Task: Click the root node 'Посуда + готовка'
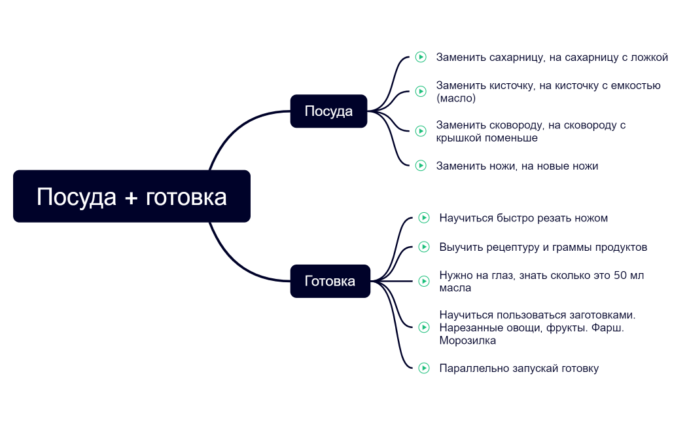point(132,196)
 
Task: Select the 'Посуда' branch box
point(328,111)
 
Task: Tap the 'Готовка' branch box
point(330,281)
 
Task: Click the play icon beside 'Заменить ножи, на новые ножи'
point(421,166)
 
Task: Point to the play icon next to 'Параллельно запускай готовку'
point(423,368)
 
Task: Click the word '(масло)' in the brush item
point(456,98)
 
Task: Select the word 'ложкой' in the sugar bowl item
point(649,57)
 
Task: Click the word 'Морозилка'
point(467,341)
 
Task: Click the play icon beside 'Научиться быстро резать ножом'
point(423,217)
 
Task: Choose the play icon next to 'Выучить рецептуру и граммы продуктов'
point(423,247)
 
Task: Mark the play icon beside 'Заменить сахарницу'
point(421,57)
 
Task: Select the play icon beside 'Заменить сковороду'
point(421,131)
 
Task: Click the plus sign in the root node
point(130,197)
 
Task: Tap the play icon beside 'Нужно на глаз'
point(423,281)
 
